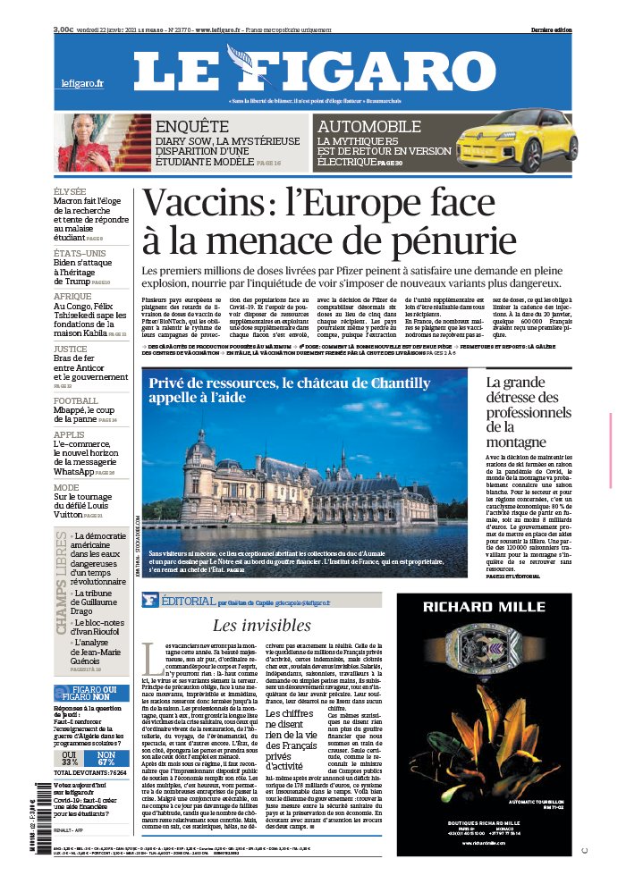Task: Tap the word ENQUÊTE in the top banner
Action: (x=192, y=126)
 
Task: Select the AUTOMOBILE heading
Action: (x=369, y=126)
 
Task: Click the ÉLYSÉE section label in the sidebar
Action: (x=70, y=191)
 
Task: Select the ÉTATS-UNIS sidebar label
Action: (x=79, y=253)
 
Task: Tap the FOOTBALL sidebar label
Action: (x=76, y=400)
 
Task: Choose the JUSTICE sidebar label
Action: (x=71, y=349)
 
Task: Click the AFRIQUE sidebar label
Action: (x=72, y=296)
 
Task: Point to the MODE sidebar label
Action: (x=66, y=487)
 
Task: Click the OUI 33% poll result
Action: (x=68, y=757)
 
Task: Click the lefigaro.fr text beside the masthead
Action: (x=83, y=83)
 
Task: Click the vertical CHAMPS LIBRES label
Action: (x=61, y=581)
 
